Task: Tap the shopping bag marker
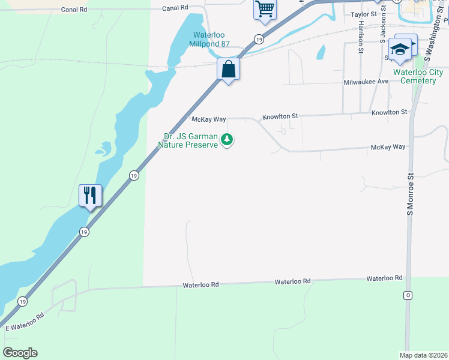coord(228,69)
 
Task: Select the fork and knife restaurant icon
coord(90,195)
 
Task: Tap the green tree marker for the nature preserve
coord(227,140)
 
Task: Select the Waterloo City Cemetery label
coord(418,76)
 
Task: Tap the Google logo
coord(20,352)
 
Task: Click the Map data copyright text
coord(423,355)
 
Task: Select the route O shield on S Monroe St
coord(408,296)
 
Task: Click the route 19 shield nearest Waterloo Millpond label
coord(258,39)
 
